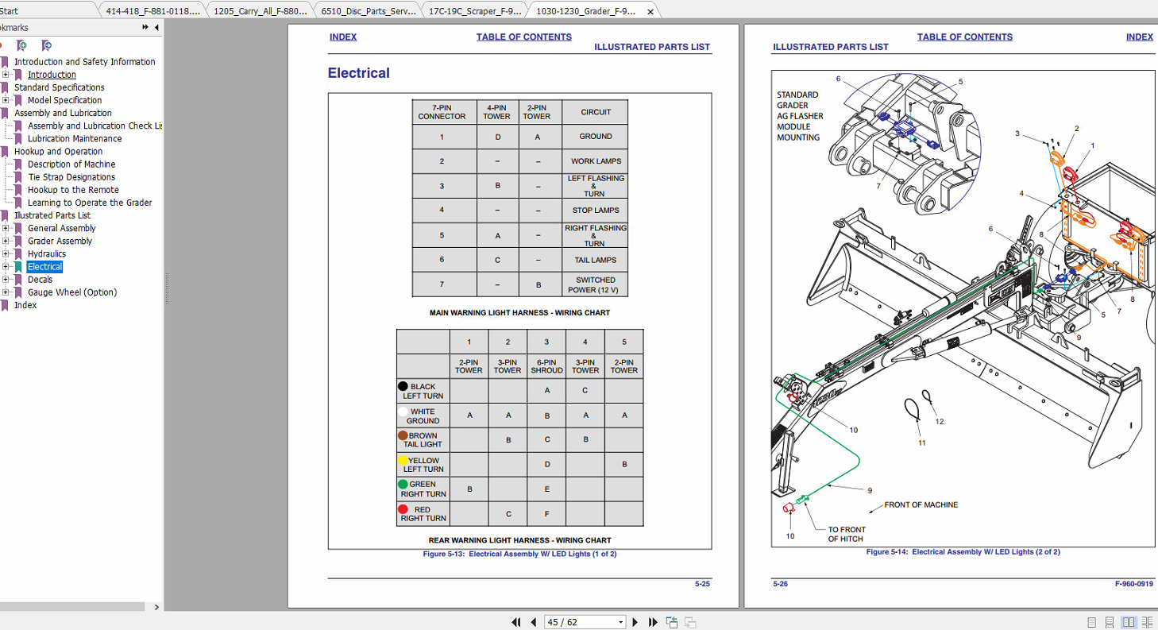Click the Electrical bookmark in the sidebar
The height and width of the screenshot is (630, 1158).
(x=44, y=267)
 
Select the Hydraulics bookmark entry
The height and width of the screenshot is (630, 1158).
(x=47, y=254)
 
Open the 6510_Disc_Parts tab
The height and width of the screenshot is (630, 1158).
(x=366, y=11)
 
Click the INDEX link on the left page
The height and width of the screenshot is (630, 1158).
(x=343, y=37)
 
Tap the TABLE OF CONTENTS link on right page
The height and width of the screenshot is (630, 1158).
(x=964, y=37)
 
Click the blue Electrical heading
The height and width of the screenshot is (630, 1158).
(x=359, y=74)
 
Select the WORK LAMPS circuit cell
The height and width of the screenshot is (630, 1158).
(x=596, y=161)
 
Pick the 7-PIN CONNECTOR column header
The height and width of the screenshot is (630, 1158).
(x=442, y=112)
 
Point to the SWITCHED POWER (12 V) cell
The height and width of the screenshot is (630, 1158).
(x=596, y=284)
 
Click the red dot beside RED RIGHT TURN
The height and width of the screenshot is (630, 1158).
(x=403, y=509)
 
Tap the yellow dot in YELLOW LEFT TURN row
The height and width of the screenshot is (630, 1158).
(x=403, y=460)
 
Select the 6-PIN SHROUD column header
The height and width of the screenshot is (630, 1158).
(x=546, y=365)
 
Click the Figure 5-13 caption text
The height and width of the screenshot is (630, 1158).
(x=519, y=554)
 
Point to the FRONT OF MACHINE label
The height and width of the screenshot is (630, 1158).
(x=921, y=504)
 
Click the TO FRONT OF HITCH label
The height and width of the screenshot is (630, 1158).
(x=847, y=534)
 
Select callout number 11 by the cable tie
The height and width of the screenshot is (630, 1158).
(x=922, y=443)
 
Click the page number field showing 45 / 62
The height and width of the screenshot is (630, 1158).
(x=585, y=622)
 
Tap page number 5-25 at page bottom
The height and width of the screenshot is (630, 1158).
(x=702, y=584)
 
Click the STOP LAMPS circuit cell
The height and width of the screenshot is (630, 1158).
(x=596, y=211)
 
